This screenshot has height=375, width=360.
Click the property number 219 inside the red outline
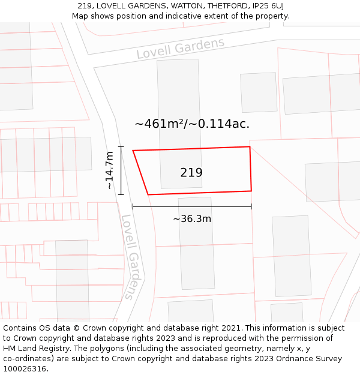(x=191, y=173)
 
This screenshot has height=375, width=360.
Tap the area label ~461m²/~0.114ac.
(x=192, y=124)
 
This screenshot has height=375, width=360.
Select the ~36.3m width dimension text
(x=192, y=219)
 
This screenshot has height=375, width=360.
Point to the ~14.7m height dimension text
(x=110, y=170)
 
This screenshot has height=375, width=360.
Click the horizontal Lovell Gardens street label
(x=180, y=48)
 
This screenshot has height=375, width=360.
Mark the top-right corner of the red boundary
(x=250, y=146)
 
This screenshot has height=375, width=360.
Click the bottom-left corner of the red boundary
(x=148, y=194)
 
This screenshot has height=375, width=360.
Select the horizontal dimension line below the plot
(x=192, y=206)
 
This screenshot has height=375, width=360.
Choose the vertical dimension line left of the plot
(x=121, y=170)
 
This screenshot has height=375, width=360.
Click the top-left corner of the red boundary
(x=133, y=151)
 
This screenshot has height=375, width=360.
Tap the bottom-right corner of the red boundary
(x=251, y=191)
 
